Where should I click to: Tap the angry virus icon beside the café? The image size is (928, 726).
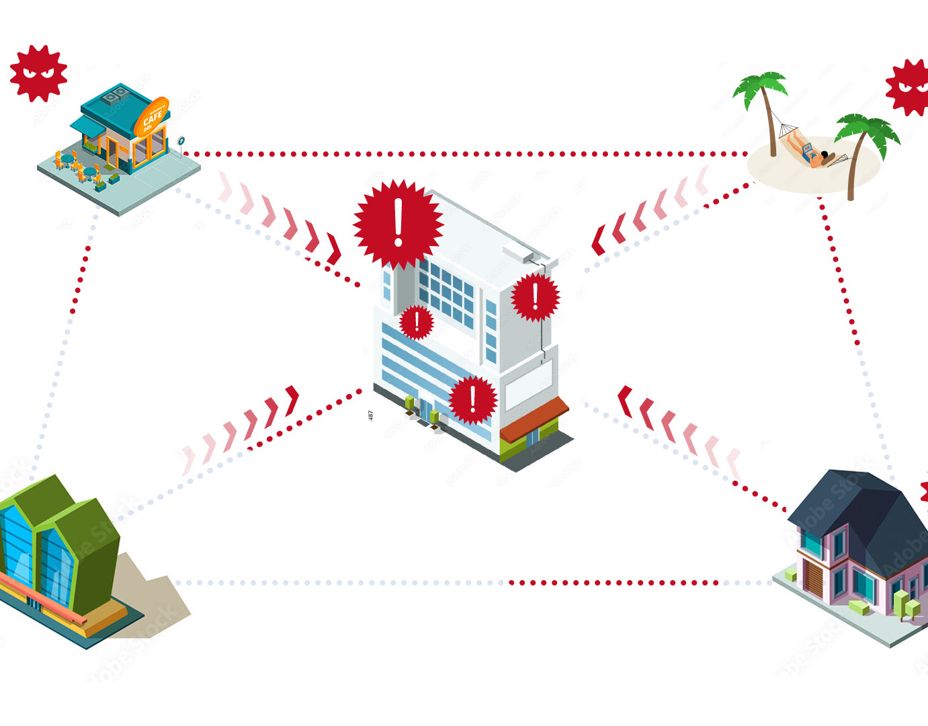click(38, 73)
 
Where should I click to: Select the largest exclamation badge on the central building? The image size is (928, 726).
click(398, 223)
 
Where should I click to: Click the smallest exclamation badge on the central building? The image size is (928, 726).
click(417, 322)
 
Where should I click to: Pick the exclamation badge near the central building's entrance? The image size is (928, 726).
click(473, 400)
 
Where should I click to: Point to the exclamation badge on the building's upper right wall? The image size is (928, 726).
click(535, 296)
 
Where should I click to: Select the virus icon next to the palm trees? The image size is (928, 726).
click(911, 87)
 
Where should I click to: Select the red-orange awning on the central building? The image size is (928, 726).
click(534, 418)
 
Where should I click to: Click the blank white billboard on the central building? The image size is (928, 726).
click(528, 385)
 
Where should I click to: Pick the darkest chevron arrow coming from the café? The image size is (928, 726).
click(333, 248)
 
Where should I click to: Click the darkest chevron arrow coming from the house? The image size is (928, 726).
click(625, 401)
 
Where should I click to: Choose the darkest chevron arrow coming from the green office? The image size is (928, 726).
click(292, 400)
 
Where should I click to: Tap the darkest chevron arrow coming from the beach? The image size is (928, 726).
click(598, 241)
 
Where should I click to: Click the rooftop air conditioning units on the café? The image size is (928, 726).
click(116, 95)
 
